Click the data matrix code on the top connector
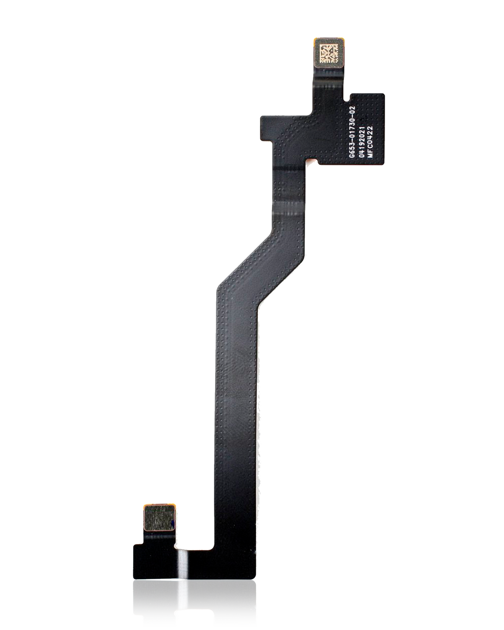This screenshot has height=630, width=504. pos(327,54)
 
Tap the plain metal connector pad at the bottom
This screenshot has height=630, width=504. pos(158,517)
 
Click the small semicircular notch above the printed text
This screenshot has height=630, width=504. pos(347,100)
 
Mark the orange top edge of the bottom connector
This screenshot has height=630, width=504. pos(158,504)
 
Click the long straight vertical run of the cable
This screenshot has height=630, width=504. pos(235,399)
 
